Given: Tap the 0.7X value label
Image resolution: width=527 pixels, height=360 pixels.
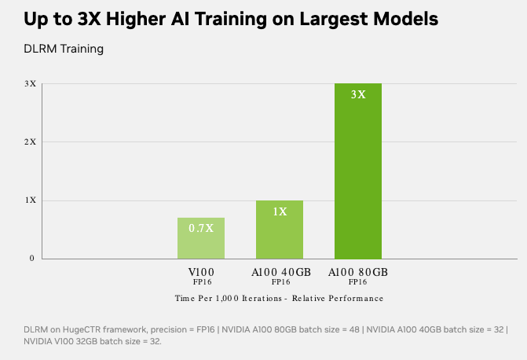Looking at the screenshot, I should [201, 228].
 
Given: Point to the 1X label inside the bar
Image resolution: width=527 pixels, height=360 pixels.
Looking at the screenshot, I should [280, 211].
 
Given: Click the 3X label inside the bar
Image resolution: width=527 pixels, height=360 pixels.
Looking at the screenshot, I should [358, 94].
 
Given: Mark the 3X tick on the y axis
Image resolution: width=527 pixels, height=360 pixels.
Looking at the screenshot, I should [31, 83].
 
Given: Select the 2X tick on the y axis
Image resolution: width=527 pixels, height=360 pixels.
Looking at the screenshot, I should [31, 141].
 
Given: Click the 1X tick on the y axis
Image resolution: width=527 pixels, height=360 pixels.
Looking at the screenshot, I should [31, 200].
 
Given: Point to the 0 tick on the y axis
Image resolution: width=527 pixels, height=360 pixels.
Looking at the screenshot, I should [32, 259].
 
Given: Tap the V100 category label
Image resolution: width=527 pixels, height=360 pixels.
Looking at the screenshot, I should [201, 271].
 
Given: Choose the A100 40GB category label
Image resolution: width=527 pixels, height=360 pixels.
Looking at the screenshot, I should [280, 271].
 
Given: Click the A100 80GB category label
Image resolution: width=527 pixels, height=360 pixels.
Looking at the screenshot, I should [358, 271].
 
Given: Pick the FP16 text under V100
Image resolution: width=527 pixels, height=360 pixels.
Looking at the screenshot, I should [201, 281].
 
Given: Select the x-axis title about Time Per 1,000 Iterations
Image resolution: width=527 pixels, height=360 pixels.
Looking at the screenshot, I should [279, 298].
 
